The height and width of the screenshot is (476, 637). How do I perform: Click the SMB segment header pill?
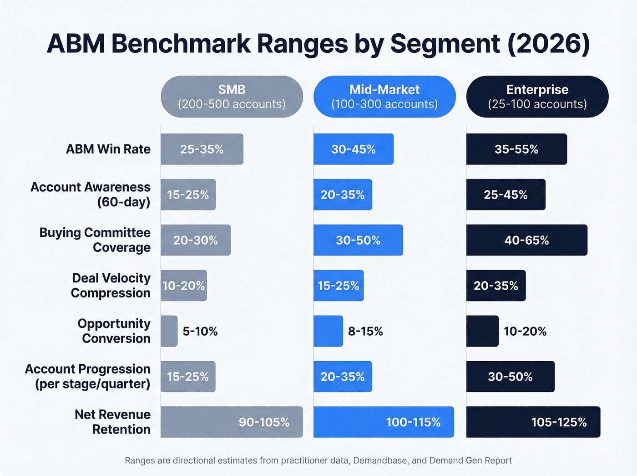[x=232, y=97]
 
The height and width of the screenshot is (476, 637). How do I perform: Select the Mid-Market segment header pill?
[x=384, y=97]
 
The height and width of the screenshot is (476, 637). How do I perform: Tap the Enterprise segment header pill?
[x=537, y=97]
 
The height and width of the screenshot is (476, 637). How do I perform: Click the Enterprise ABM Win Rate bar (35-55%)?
[x=516, y=149]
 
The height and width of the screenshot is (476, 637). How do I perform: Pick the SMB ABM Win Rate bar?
[x=202, y=149]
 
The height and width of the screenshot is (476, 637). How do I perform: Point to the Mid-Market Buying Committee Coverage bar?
[x=358, y=240]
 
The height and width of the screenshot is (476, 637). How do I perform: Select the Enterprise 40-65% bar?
[x=526, y=240]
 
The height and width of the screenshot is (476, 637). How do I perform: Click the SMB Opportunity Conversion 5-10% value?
[x=200, y=331]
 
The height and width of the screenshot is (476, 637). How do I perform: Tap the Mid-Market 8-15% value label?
[x=365, y=331]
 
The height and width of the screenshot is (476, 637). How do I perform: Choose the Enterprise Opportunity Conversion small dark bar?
[x=482, y=331]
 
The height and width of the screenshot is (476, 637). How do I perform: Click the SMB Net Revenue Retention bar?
[x=232, y=422]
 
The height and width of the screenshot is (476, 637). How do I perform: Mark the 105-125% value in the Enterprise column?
[x=559, y=422]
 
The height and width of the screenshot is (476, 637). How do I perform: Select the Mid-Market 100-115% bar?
[x=384, y=422]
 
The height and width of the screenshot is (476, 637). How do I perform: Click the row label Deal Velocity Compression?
[x=111, y=286]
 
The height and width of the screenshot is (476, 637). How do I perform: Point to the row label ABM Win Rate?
[x=108, y=149]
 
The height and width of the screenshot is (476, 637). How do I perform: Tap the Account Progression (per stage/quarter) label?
[x=88, y=376]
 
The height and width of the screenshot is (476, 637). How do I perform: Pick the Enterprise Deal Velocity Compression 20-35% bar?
[x=496, y=286]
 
